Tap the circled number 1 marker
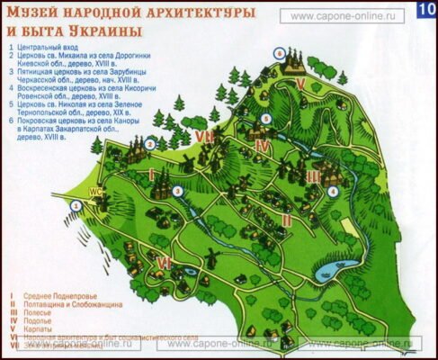click(x=76, y=206)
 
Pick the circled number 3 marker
click(x=178, y=191)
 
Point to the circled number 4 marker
click(x=333, y=191)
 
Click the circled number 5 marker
click(x=266, y=119)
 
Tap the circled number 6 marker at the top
click(x=280, y=53)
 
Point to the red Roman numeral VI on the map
click(x=164, y=262)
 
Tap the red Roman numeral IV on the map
click(x=263, y=145)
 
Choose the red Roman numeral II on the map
click(x=286, y=219)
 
